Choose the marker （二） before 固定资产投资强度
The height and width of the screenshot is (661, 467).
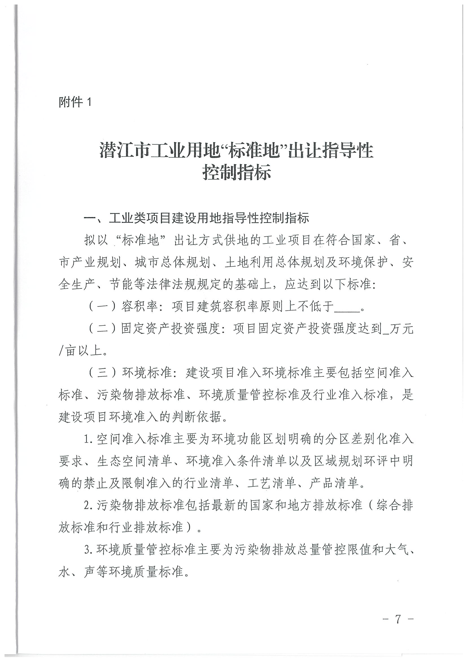pos(102,329)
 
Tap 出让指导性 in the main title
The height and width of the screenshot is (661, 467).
pos(330,150)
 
